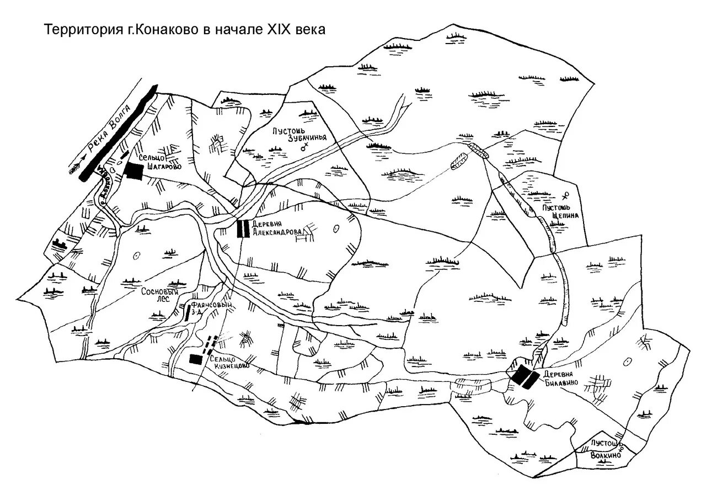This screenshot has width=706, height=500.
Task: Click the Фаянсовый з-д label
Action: click(x=212, y=310)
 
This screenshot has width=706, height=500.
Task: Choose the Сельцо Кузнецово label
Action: click(x=228, y=361)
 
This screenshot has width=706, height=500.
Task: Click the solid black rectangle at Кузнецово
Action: click(x=195, y=359)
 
